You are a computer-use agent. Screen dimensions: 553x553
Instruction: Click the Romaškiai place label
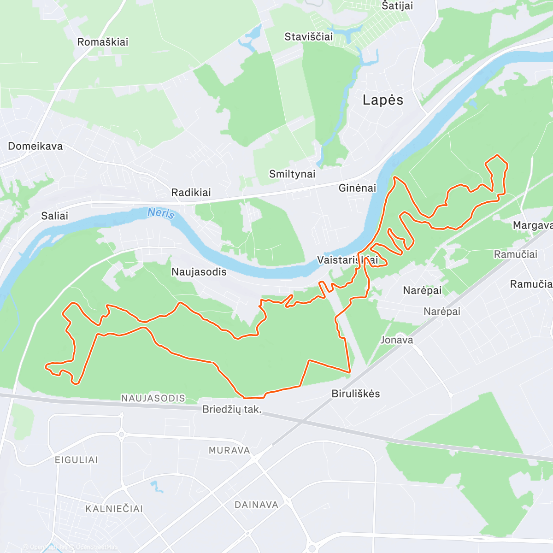102,42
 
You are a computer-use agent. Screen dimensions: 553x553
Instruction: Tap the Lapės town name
382,100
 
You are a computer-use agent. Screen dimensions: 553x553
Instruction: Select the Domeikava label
35,146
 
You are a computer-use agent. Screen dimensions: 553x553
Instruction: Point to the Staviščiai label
308,37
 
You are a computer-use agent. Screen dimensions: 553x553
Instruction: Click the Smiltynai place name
292,174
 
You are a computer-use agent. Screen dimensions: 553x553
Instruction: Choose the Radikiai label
191,192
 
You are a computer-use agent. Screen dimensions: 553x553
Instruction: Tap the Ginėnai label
357,188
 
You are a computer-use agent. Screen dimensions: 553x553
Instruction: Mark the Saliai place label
54,216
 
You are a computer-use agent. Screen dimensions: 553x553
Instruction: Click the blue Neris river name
161,213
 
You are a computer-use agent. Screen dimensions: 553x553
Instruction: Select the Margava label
532,225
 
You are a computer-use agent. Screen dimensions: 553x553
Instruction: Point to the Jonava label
396,340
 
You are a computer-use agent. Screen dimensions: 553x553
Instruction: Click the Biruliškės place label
356,394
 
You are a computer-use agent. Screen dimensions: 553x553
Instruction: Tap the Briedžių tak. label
232,409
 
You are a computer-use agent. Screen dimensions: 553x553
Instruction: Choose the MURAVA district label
229,450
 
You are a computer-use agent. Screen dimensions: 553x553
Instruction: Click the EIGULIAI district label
76,460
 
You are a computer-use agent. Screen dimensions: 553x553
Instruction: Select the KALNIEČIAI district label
114,509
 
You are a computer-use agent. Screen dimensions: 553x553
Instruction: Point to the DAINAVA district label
256,505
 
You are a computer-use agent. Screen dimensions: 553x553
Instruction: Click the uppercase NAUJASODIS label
153,398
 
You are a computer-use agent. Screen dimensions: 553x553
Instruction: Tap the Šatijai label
397,6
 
